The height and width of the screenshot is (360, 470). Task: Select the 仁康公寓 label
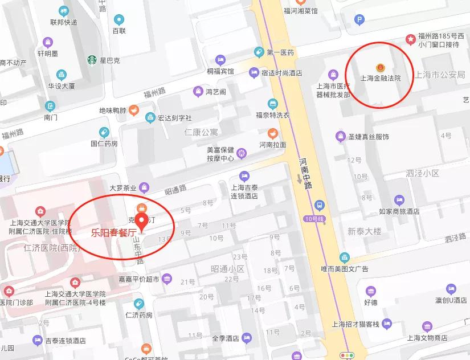click(201, 132)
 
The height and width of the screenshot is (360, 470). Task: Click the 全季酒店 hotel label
click(226, 337)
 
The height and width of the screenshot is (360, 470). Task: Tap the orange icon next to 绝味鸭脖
click(133, 110)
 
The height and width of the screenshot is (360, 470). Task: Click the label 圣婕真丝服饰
click(368, 137)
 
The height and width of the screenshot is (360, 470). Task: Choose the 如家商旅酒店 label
click(399, 211)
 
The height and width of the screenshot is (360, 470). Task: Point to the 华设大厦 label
click(62, 87)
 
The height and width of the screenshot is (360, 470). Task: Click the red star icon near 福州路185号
click(410, 39)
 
